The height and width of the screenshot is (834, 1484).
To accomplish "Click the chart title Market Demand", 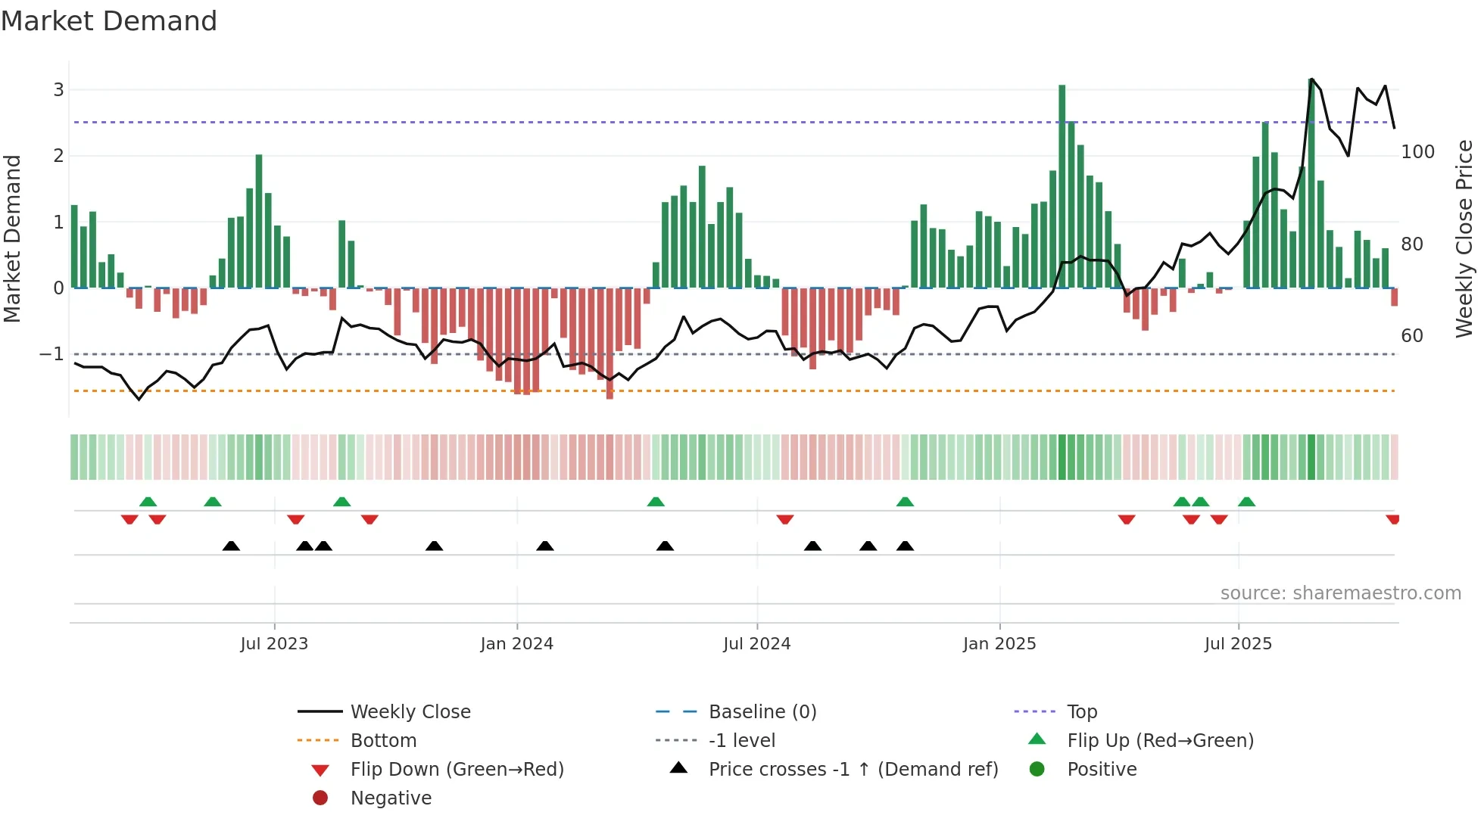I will pos(109,21).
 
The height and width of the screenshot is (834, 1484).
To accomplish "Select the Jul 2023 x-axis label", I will pos(274,644).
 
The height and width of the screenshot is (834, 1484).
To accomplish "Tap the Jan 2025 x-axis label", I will pos(999,644).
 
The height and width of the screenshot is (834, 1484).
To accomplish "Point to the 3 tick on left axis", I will pos(58,90).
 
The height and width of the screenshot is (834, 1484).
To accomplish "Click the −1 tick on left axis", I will pos(51,354).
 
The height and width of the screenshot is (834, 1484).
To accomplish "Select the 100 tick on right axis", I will pos(1417,152).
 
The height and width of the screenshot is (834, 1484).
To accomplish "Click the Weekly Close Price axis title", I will pos(1464,238).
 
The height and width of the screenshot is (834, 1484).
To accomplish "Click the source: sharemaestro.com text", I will pos(1340,593).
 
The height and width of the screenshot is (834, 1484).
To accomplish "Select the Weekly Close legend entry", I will pos(410,712).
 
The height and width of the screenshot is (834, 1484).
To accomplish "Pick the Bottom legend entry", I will pos(383,741).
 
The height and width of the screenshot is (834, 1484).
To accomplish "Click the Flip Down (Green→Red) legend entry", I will pos(457,770).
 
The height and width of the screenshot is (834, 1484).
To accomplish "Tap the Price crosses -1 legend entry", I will pos(853,770).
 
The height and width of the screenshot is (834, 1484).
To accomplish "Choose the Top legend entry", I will pos(1082,712).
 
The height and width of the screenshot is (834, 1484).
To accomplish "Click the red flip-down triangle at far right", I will pos(1392,519).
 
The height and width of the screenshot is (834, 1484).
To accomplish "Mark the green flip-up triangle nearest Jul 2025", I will pos(1246,502).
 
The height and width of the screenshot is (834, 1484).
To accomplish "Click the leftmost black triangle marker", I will pos(231,546).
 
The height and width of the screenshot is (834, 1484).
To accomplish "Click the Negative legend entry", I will pos(391,798).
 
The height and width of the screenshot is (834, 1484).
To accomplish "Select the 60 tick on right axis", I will pos(1412,336).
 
